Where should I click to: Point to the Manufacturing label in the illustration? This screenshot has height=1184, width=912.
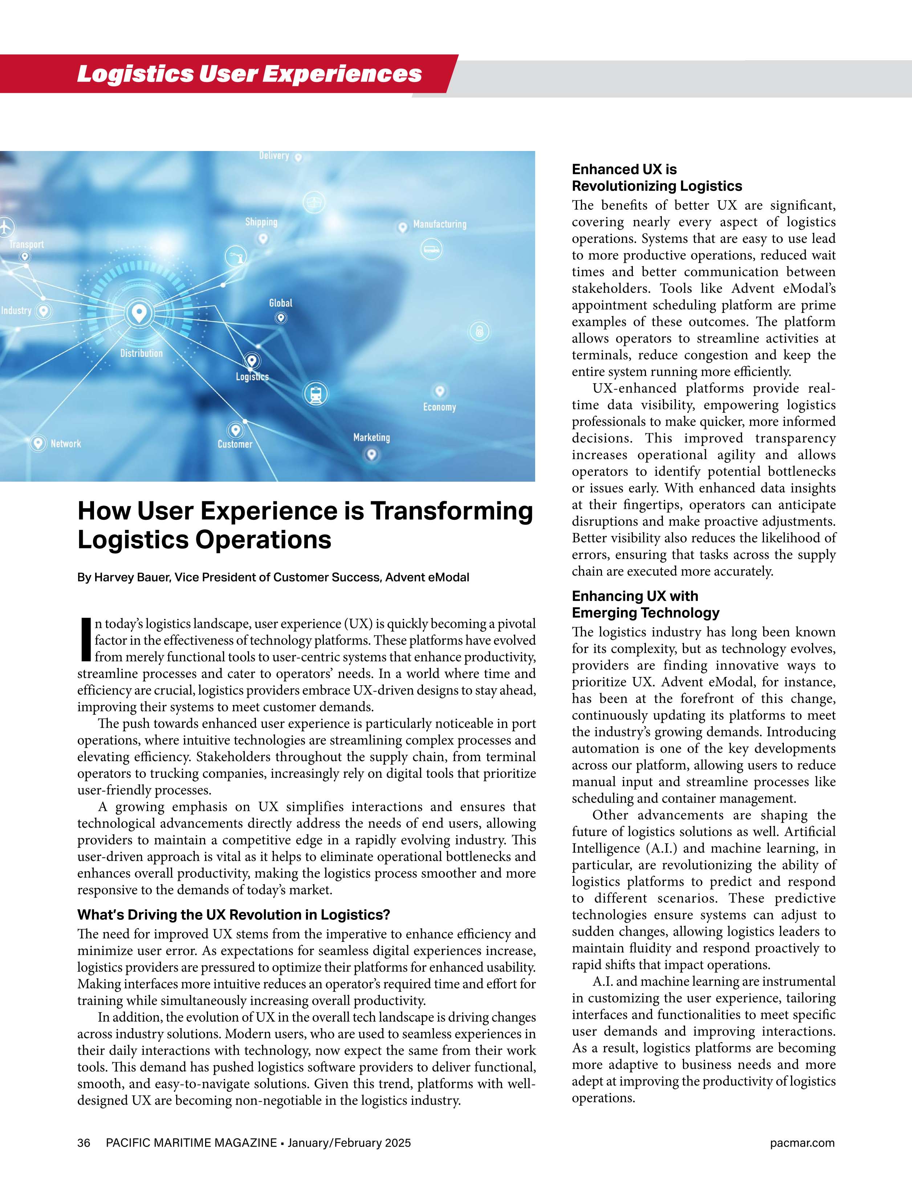coord(439,224)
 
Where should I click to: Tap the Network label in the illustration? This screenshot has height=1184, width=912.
coord(66,444)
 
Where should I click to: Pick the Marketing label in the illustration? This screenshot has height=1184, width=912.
coord(371,437)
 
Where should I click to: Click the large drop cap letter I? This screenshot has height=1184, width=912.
coord(85,640)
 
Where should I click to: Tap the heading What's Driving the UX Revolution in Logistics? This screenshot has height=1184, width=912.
coord(234,915)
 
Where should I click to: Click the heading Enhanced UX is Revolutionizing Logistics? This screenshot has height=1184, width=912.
coord(657,178)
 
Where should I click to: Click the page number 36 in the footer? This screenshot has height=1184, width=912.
coord(84,1143)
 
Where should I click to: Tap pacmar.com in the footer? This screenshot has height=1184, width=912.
coord(802,1143)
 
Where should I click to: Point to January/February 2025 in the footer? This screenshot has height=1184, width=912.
coord(349,1143)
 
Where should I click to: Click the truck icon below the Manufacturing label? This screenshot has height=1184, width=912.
coord(432,249)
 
